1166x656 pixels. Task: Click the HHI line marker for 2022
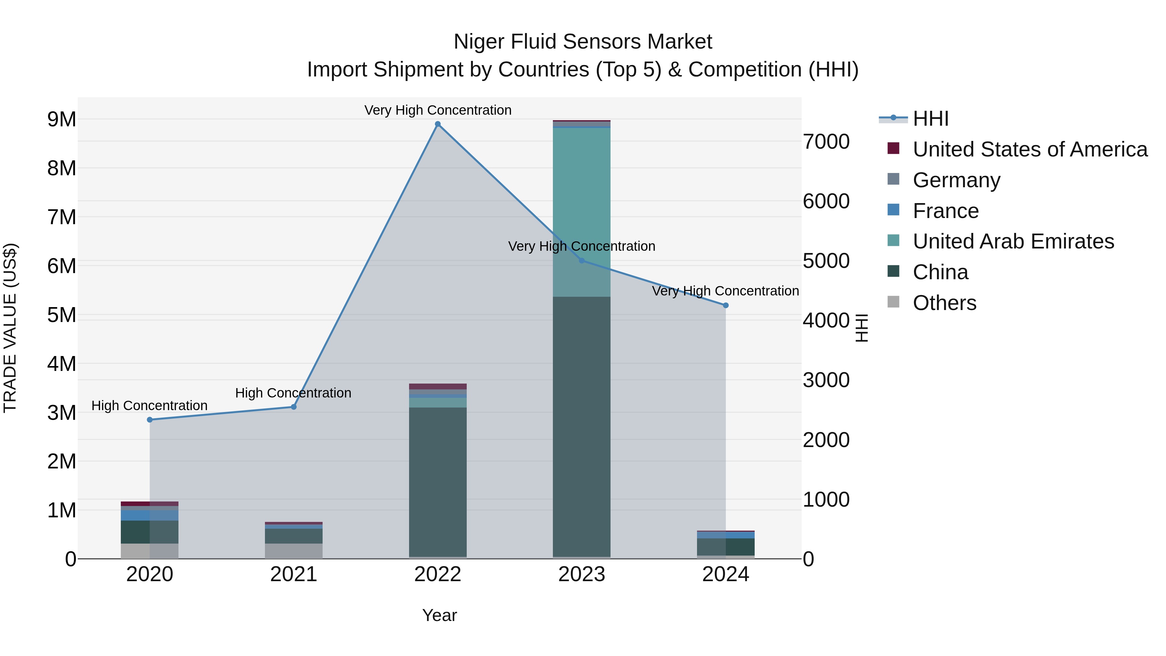[x=437, y=124]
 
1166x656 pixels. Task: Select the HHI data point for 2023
[x=582, y=261]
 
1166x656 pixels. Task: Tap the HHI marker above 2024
[x=726, y=305]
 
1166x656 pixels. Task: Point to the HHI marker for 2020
[x=150, y=420]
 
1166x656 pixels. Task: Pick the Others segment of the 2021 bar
[x=293, y=551]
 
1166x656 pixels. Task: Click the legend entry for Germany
[x=956, y=180]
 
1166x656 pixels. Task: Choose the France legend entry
[x=945, y=211]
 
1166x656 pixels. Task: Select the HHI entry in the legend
[x=930, y=119]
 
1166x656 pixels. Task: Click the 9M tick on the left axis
[x=62, y=120]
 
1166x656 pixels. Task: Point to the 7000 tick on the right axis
[x=826, y=142]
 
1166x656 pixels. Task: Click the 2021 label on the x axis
[x=293, y=574]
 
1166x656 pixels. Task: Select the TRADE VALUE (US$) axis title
[x=10, y=328]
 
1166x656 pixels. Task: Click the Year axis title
[x=439, y=615]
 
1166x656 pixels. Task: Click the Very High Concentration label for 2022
[x=437, y=110]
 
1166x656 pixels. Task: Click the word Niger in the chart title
[x=479, y=42]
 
